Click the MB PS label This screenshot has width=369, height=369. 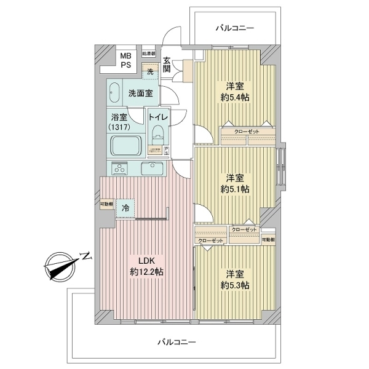(x=125, y=60)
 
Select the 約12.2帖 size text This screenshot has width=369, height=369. (x=146, y=272)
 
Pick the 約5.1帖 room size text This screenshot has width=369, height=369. (x=235, y=188)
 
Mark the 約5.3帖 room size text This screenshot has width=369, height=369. (x=235, y=285)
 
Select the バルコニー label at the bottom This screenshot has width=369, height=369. (x=176, y=341)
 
